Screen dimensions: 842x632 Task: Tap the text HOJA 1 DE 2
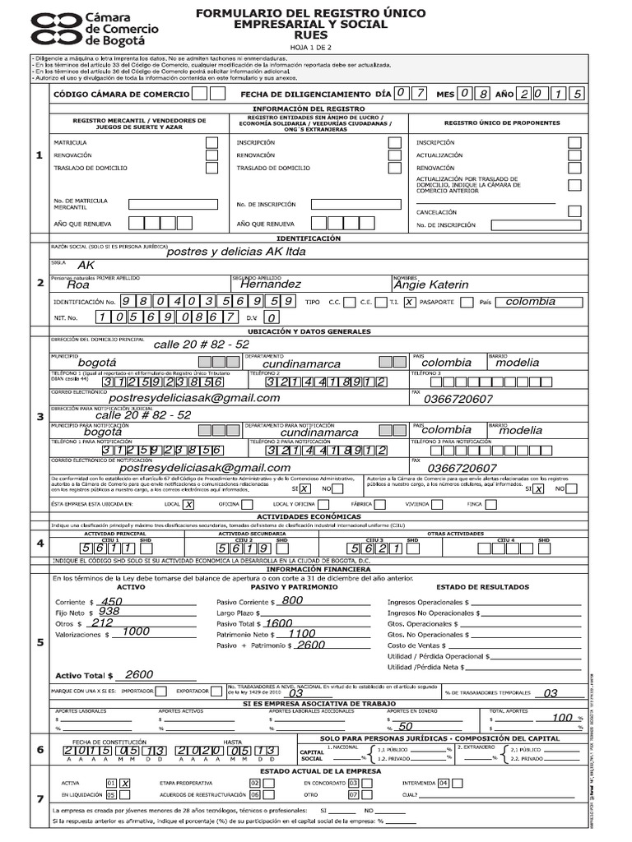(308, 48)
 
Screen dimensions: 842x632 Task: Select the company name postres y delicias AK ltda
(235, 252)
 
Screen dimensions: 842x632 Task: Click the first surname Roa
(77, 285)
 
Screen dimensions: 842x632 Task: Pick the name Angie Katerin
(431, 285)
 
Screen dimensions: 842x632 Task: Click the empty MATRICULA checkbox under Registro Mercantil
(213, 142)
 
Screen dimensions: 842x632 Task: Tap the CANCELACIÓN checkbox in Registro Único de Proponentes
(574, 210)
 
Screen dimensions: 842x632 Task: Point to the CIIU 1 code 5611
(98, 548)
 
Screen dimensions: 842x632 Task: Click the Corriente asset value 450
(110, 601)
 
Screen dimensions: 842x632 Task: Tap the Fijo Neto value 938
(109, 612)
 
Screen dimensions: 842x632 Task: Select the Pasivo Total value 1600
(279, 623)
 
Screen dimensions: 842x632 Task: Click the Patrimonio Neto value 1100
(301, 634)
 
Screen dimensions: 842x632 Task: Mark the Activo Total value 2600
(139, 674)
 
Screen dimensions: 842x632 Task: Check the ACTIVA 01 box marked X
(125, 783)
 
